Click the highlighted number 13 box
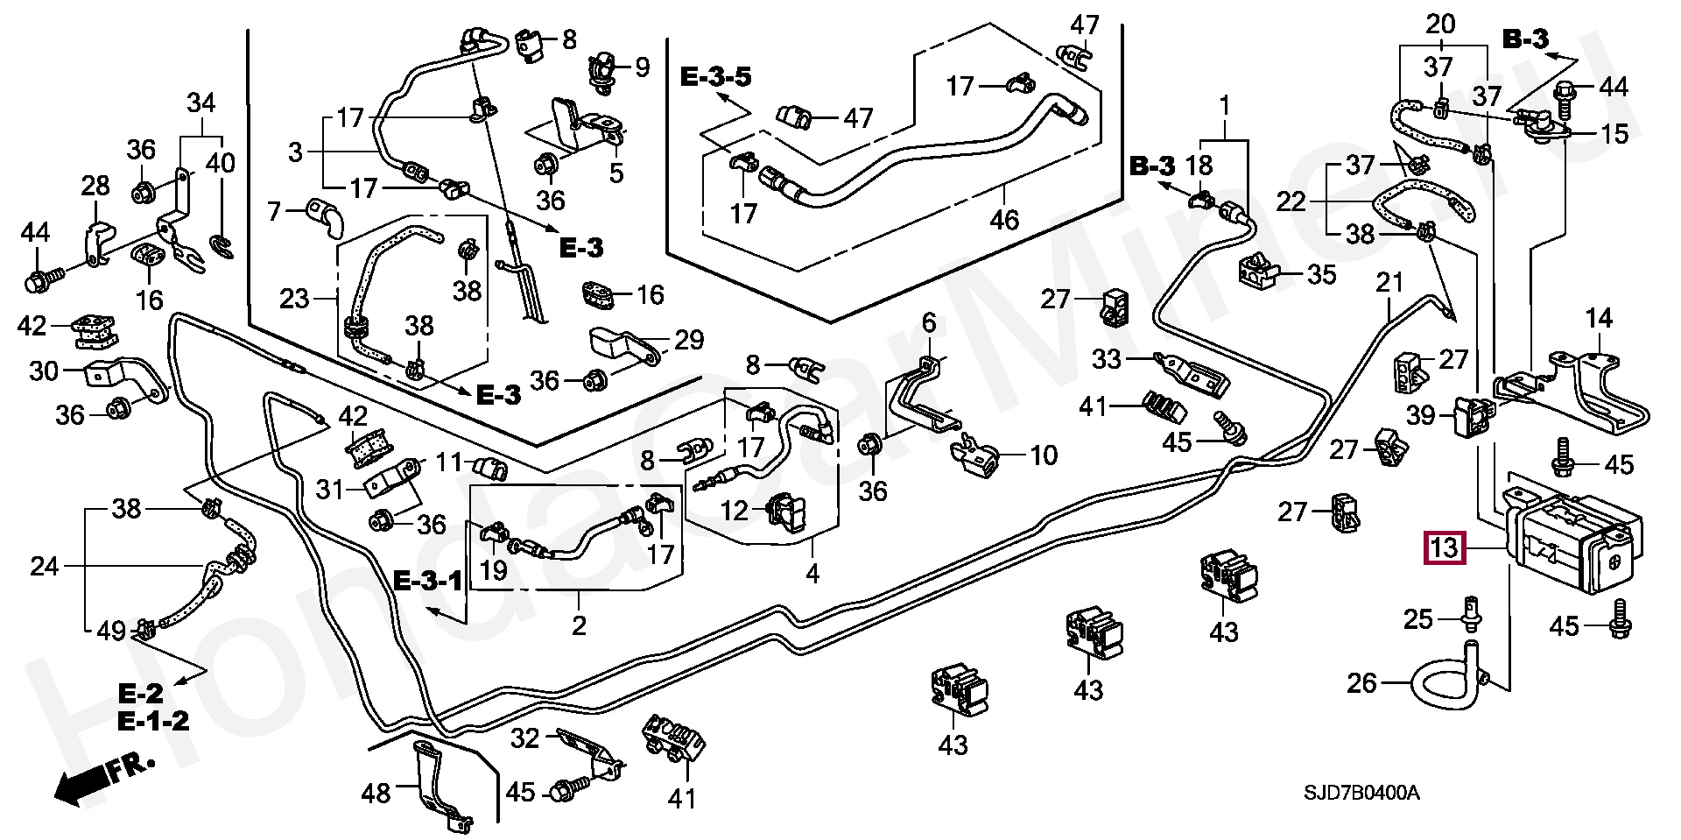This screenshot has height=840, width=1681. click(1444, 548)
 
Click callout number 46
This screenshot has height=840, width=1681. click(1004, 219)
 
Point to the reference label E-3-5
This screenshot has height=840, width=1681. click(716, 77)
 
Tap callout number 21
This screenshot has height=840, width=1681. click(1389, 283)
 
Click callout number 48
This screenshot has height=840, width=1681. click(377, 794)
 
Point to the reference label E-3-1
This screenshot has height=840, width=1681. click(427, 580)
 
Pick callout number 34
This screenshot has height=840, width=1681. click(200, 103)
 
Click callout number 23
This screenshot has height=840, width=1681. click(294, 299)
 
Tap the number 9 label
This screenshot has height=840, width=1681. click(643, 67)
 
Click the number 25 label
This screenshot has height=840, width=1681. click(1419, 619)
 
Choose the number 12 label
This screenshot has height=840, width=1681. click(735, 509)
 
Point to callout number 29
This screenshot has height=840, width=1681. click(689, 340)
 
